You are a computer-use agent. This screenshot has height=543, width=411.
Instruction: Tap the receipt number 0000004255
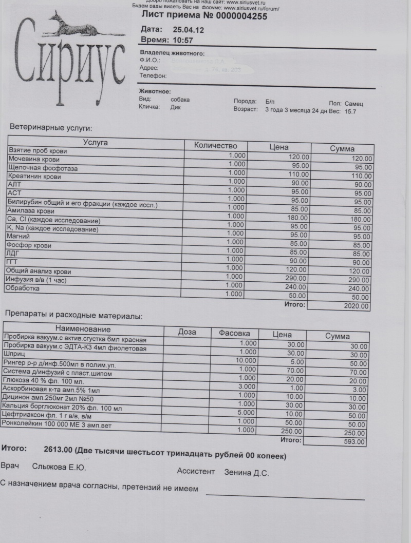pyautogui.click(x=234, y=16)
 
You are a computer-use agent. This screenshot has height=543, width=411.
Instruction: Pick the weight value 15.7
pyautogui.click(x=351, y=111)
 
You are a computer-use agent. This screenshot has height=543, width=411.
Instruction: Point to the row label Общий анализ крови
pyautogui.click(x=38, y=271)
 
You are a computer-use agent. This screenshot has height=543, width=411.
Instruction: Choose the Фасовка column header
pyautogui.click(x=234, y=333)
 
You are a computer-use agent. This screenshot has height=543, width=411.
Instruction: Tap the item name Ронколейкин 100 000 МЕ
pyautogui.click(x=57, y=425)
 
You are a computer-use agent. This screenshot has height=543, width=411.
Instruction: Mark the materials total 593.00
pyautogui.click(x=354, y=441)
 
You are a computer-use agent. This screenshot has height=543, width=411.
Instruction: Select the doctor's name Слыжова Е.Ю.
pyautogui.click(x=59, y=468)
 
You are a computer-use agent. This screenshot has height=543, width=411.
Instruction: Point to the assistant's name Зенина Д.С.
pyautogui.click(x=247, y=473)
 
